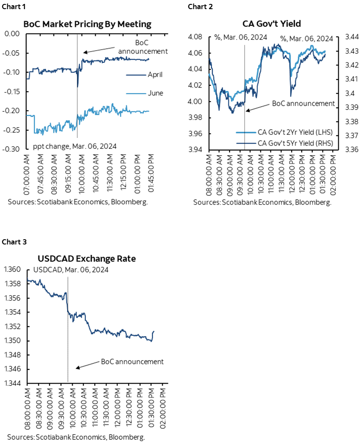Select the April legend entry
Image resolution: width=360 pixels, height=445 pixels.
point(155,75)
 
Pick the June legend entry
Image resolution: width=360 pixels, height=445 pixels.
point(155,93)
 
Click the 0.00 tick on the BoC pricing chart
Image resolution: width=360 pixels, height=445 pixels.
point(13,34)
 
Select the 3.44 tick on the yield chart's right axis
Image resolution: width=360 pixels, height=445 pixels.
point(351,37)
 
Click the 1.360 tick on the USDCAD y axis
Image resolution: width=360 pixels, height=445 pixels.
point(13,270)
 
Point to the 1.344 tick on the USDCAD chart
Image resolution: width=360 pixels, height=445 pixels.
point(13,384)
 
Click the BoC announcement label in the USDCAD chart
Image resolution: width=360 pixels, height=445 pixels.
point(132,361)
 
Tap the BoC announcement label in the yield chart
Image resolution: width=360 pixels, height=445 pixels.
point(303,104)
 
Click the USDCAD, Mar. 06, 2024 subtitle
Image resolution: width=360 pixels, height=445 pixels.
point(70,269)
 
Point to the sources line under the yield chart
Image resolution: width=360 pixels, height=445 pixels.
point(262,202)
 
